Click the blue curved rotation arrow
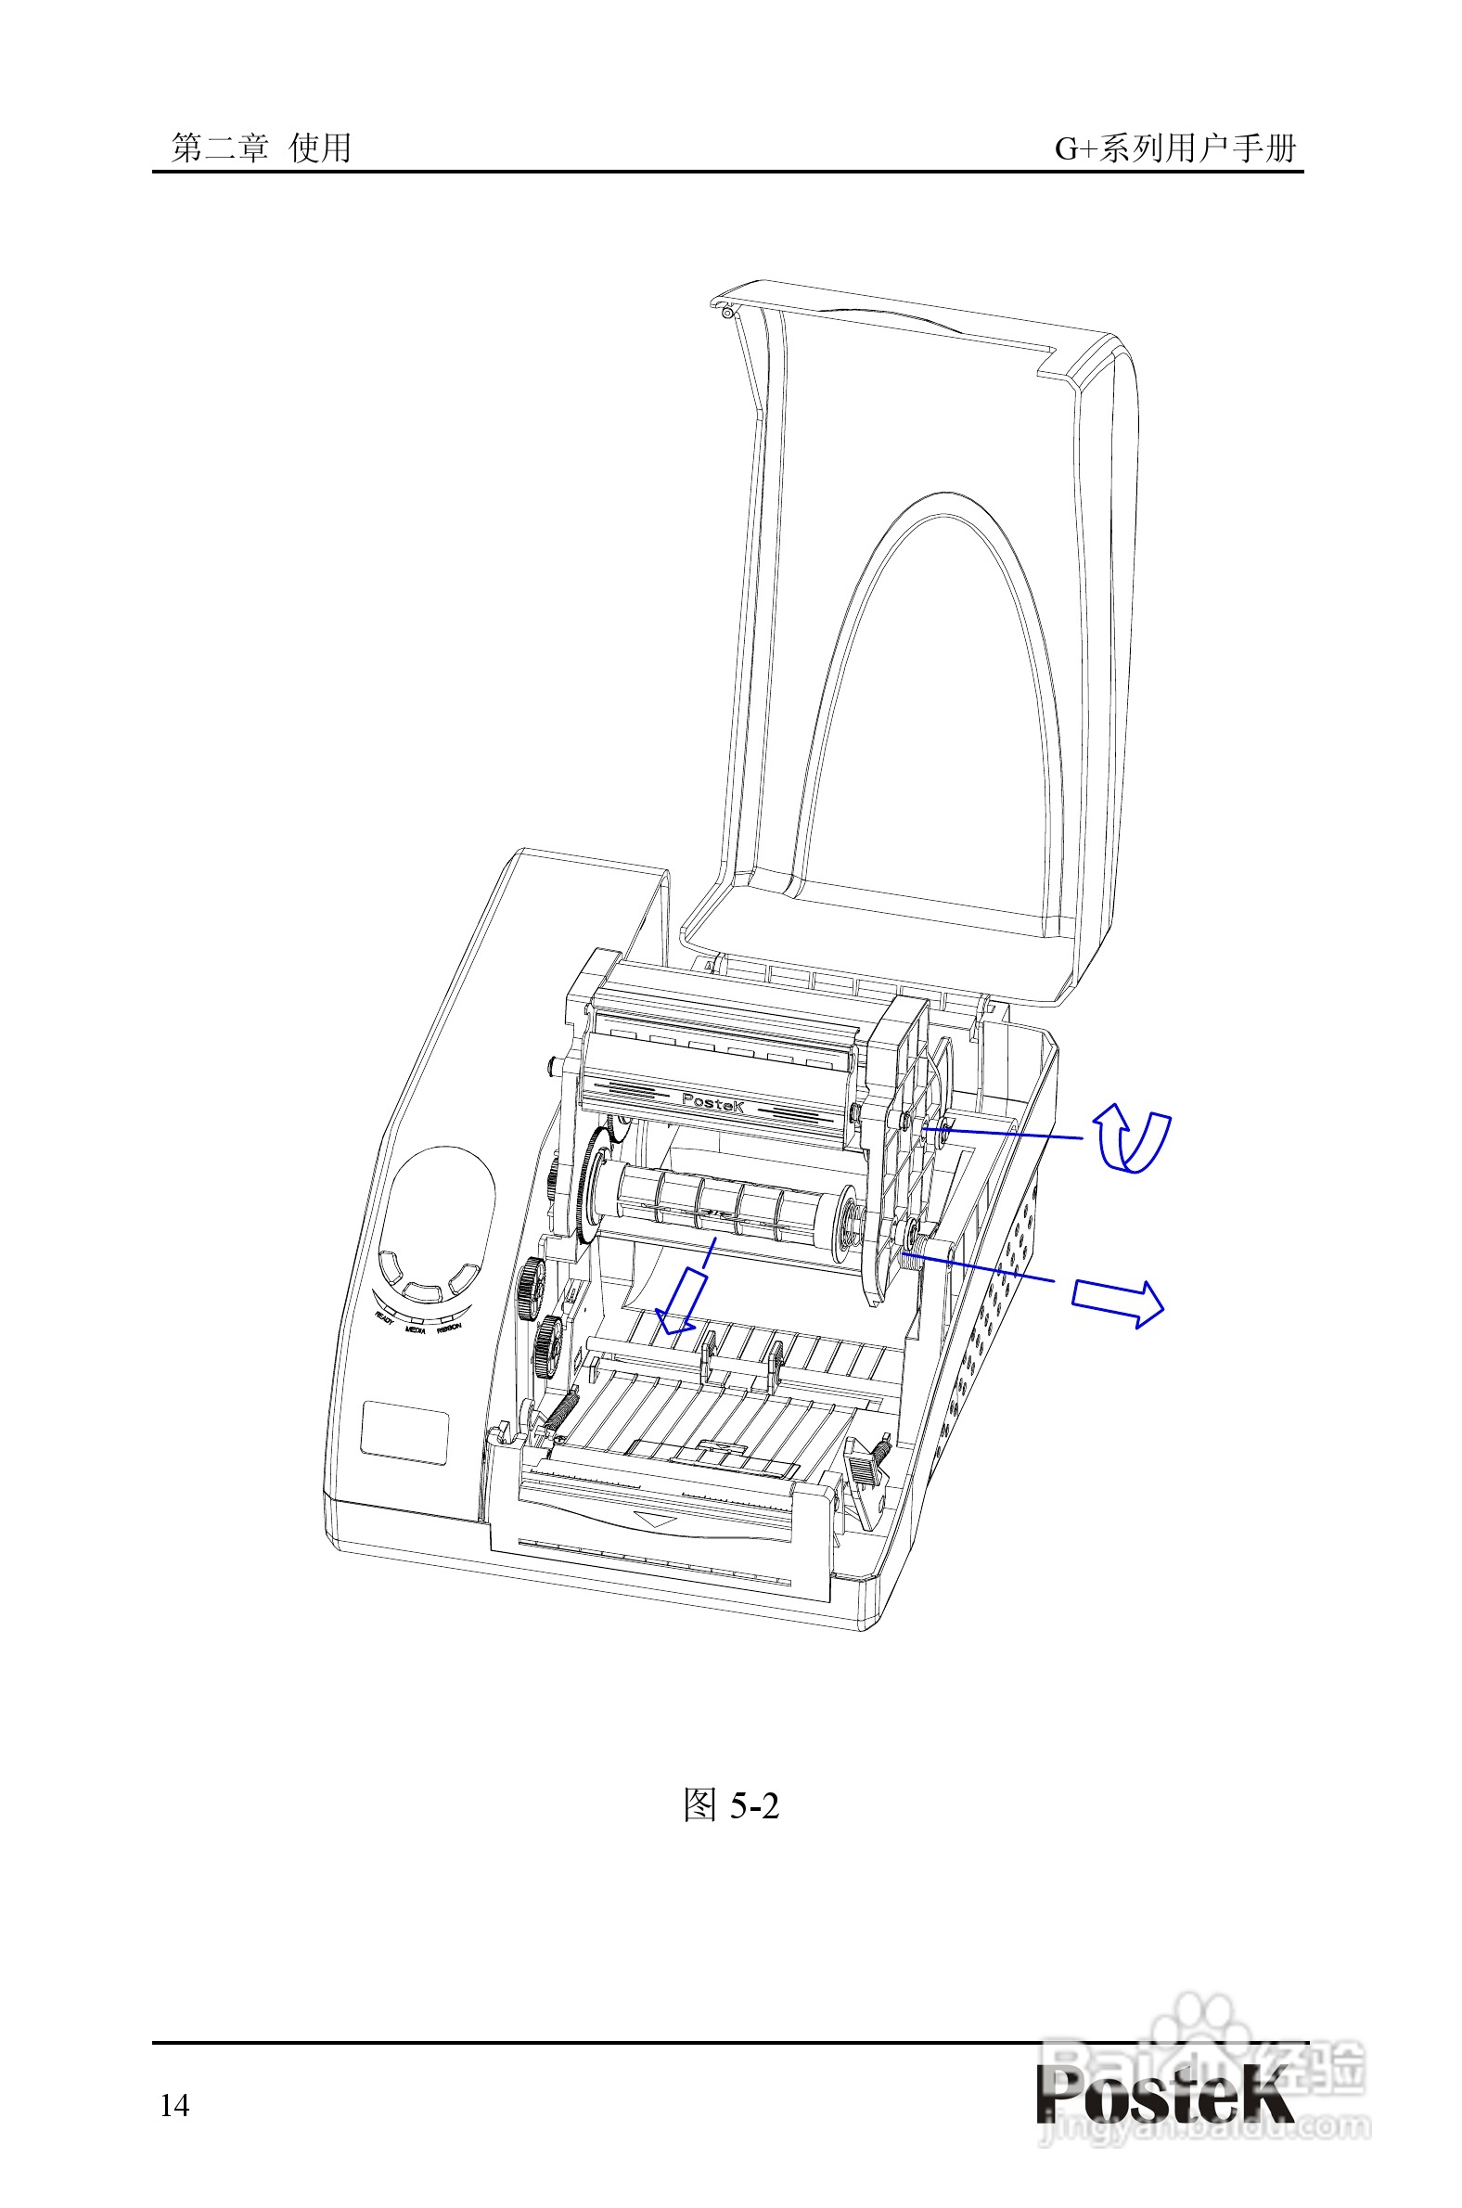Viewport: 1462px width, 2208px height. pyautogui.click(x=1131, y=1139)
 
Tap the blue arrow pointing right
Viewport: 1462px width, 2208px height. pyautogui.click(x=1117, y=1301)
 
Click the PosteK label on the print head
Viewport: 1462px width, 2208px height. pyautogui.click(x=713, y=1103)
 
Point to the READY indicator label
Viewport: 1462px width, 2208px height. pyautogui.click(x=383, y=1316)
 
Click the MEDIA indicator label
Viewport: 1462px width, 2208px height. pyautogui.click(x=416, y=1329)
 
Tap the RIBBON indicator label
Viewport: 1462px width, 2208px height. pyautogui.click(x=448, y=1326)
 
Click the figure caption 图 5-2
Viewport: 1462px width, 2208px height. pyautogui.click(x=730, y=1806)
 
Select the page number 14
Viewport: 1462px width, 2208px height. pyautogui.click(x=174, y=2105)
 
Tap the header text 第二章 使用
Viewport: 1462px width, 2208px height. pyautogui.click(x=262, y=148)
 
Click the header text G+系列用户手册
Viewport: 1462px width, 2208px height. pyautogui.click(x=1174, y=148)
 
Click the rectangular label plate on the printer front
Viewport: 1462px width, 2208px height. pyautogui.click(x=404, y=1431)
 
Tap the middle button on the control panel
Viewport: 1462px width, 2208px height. pyautogui.click(x=422, y=1292)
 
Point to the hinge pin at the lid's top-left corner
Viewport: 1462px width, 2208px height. pyautogui.click(x=725, y=314)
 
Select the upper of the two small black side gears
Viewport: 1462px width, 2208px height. pyautogui.click(x=531, y=1287)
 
